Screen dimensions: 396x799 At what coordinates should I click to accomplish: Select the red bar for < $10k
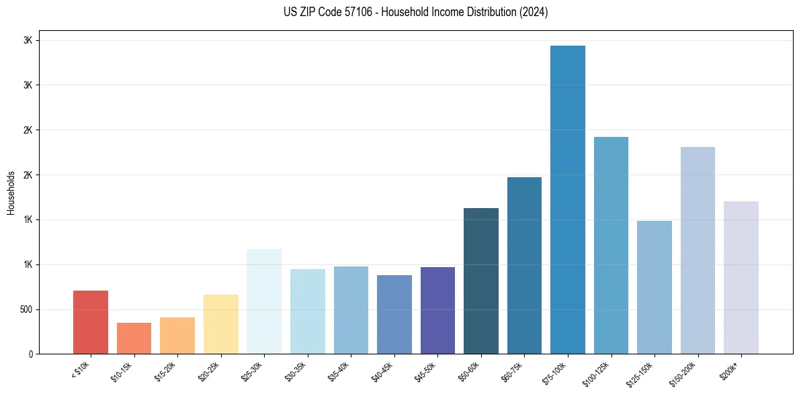click(91, 322)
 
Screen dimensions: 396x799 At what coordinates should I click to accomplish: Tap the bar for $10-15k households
click(134, 338)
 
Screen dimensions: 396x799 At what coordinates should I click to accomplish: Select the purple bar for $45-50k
click(437, 310)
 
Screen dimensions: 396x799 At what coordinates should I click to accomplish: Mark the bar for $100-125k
click(611, 245)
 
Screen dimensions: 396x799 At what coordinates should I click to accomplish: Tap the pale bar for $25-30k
click(264, 301)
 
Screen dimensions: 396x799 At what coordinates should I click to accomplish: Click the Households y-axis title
click(11, 193)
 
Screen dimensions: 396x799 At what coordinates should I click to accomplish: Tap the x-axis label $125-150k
click(638, 373)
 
